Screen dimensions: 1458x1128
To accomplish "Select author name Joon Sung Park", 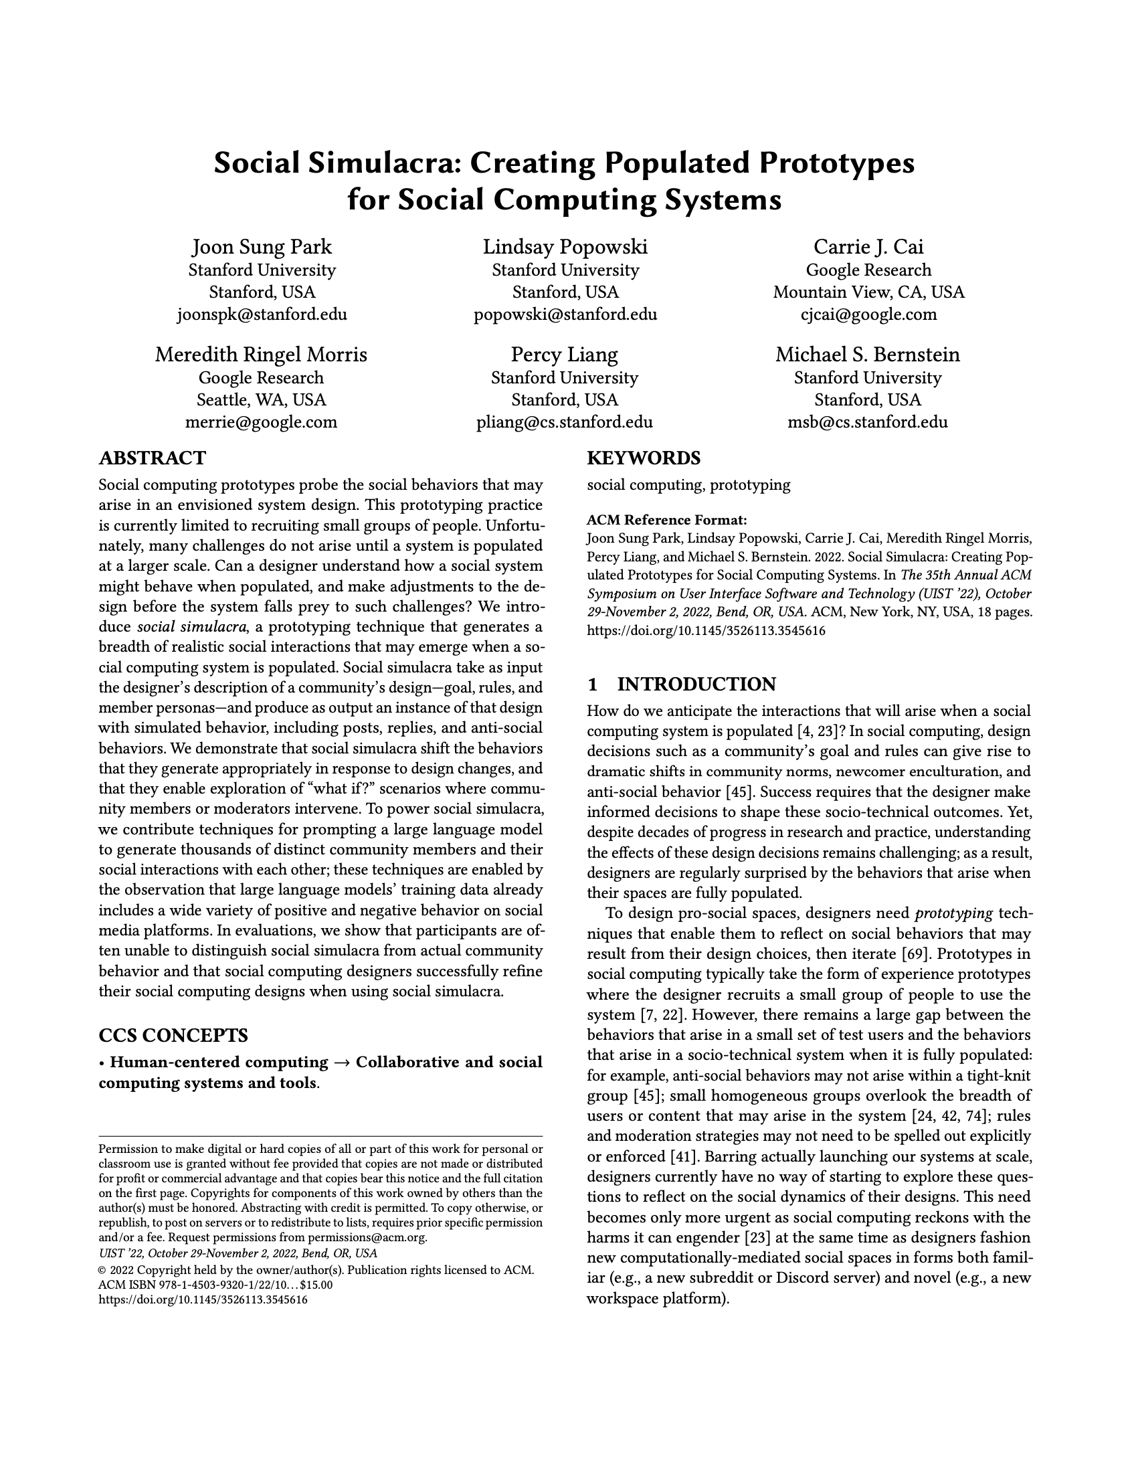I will click(x=262, y=247).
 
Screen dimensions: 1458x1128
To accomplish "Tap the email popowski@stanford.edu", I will click(x=565, y=314).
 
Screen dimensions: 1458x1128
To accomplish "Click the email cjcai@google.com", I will click(x=868, y=314).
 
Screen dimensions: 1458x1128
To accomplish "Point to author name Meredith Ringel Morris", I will click(x=261, y=354).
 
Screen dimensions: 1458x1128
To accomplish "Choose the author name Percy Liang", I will click(x=565, y=354).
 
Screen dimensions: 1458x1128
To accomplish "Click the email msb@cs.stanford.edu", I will click(x=868, y=422).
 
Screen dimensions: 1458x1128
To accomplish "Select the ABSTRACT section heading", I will click(x=152, y=458).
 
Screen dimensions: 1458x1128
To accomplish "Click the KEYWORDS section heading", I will click(x=643, y=458).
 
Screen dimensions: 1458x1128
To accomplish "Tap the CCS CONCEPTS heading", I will click(x=173, y=1035).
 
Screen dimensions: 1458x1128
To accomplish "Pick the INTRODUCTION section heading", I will click(x=696, y=685).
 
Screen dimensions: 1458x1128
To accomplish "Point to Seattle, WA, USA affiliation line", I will click(x=261, y=399).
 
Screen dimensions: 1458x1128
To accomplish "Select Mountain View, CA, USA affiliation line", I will click(x=868, y=292).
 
